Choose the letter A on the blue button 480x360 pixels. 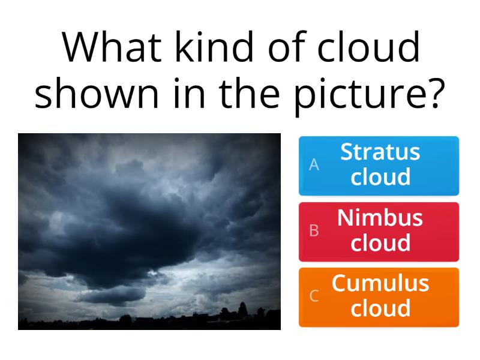point(313,165)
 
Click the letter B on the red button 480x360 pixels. point(313,231)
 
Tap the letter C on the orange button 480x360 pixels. point(313,296)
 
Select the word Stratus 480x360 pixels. point(380,152)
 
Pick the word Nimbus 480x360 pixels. point(380,217)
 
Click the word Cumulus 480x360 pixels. point(380,283)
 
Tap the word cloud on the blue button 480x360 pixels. point(380,178)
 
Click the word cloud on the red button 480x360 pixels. point(380,243)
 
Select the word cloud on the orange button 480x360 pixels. point(380,308)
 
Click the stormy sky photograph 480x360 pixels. point(149,231)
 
